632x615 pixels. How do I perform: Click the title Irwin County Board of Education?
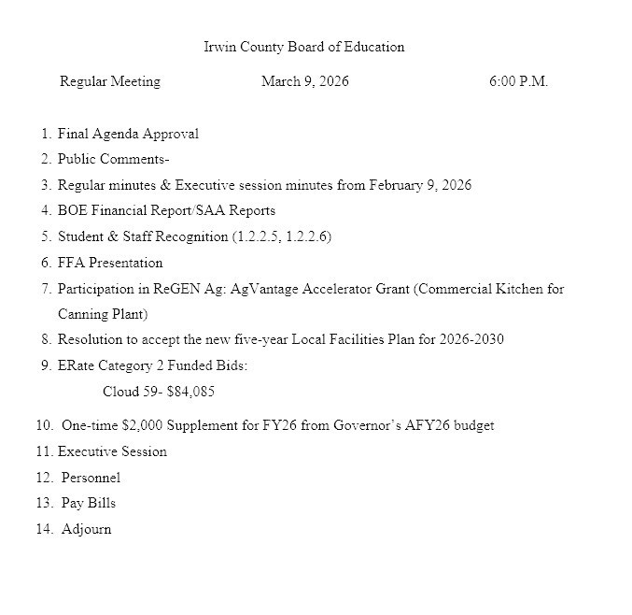click(303, 47)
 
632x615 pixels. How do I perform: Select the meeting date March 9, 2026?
click(304, 81)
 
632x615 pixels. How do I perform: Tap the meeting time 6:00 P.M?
click(518, 81)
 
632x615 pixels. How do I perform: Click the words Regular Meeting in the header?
click(109, 81)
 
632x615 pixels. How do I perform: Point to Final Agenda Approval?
click(128, 134)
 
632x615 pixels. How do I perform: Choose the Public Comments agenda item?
click(113, 159)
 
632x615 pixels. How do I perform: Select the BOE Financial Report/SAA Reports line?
click(166, 210)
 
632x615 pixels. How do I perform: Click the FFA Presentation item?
click(110, 263)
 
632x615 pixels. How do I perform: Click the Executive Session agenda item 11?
click(112, 451)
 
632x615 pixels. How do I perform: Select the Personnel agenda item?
click(91, 478)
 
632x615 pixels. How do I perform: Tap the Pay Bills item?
click(89, 503)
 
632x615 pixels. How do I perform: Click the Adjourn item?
click(86, 529)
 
